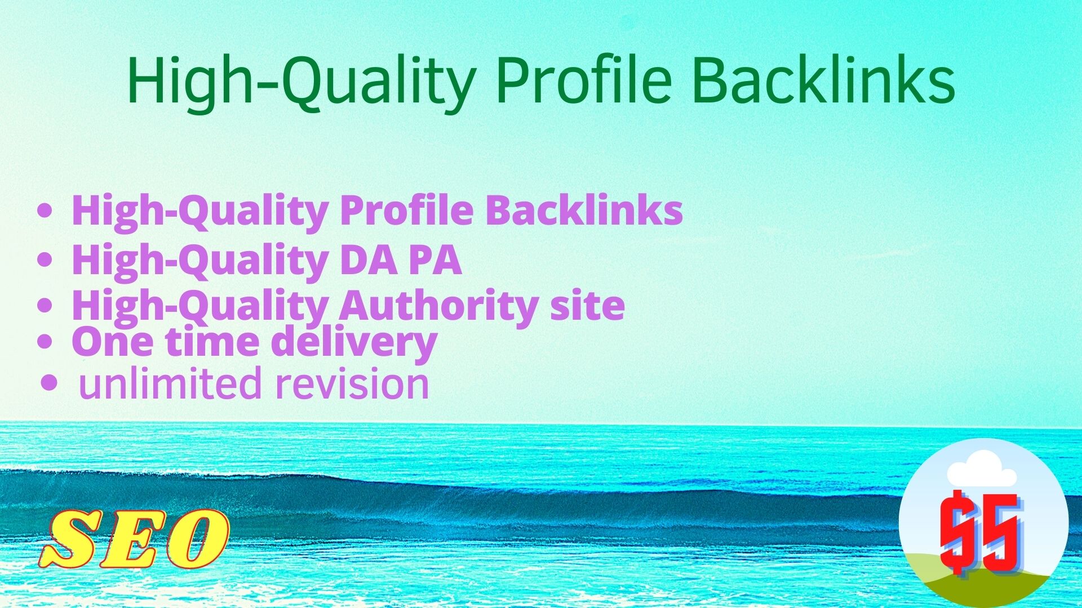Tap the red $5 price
coord(981,532)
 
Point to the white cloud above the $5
coord(981,470)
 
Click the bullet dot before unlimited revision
coord(50,383)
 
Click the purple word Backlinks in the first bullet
coord(584,210)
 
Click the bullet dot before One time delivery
coord(45,341)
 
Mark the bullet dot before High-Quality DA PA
coord(45,260)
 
